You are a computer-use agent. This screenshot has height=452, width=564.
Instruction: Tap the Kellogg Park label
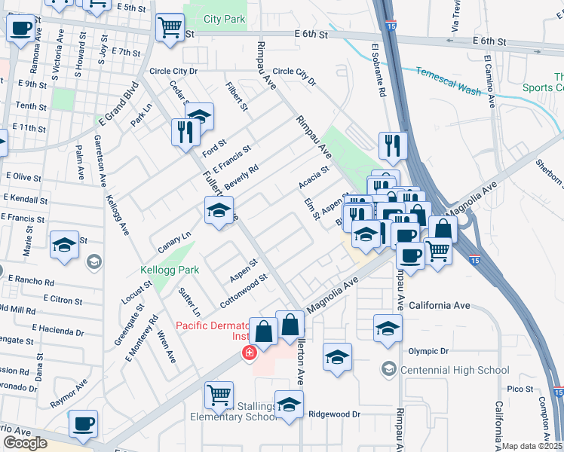[170, 269]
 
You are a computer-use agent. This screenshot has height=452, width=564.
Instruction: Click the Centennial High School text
[455, 370]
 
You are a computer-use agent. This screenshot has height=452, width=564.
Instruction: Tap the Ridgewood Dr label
[335, 414]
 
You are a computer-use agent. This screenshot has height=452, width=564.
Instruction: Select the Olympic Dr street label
[428, 351]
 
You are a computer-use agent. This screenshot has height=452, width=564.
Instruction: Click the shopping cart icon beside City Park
[170, 28]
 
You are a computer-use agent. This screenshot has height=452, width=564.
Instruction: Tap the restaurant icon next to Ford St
[185, 133]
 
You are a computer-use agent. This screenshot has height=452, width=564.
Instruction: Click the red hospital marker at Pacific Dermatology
[247, 352]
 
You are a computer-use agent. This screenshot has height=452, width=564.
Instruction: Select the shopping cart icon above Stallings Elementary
[218, 394]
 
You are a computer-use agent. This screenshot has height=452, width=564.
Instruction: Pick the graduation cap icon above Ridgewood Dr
[289, 405]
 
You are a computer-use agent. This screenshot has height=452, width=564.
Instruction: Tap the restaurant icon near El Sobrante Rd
[392, 145]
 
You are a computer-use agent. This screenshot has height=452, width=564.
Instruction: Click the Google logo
[25, 443]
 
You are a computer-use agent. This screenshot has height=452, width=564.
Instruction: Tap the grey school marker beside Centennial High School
[388, 368]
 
